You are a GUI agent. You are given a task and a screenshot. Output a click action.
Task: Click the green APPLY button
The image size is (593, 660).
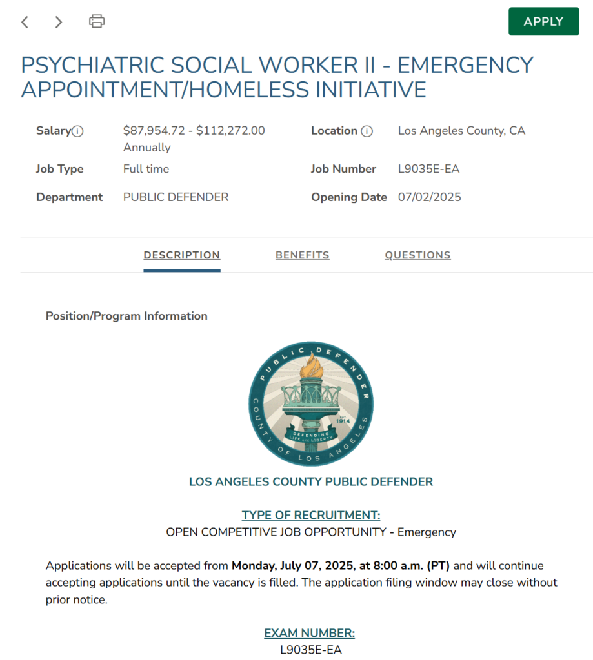[543, 21]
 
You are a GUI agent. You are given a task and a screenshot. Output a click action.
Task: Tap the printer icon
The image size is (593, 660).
[97, 21]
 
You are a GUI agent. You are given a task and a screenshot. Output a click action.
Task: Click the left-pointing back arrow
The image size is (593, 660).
[25, 22]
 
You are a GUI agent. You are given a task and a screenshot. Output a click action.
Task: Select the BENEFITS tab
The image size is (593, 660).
[302, 255]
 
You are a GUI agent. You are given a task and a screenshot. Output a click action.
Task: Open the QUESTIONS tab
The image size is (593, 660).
[417, 255]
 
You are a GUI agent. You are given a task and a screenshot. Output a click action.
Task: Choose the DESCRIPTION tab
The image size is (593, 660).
[181, 255]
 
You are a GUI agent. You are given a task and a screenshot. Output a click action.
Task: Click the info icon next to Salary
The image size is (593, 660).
[78, 131]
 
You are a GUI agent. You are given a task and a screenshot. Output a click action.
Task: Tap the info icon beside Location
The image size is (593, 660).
[367, 131]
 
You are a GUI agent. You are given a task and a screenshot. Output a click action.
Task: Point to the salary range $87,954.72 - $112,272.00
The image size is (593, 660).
[194, 131]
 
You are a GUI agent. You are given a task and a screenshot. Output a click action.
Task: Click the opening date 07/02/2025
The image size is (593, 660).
[429, 197]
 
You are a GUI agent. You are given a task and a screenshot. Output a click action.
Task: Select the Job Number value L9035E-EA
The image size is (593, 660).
[428, 169]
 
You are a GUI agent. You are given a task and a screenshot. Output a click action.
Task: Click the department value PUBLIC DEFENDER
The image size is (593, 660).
[176, 197]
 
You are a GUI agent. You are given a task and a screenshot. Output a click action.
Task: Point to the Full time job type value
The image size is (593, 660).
[146, 169]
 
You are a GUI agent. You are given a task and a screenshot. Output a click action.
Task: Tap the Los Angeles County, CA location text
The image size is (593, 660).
[461, 131]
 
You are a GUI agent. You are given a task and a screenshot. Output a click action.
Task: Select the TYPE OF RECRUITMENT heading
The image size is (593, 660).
[311, 516]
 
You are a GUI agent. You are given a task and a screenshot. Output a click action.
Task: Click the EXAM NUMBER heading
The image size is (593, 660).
[310, 633]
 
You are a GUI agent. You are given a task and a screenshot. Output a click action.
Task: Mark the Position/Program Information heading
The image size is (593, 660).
[126, 316]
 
